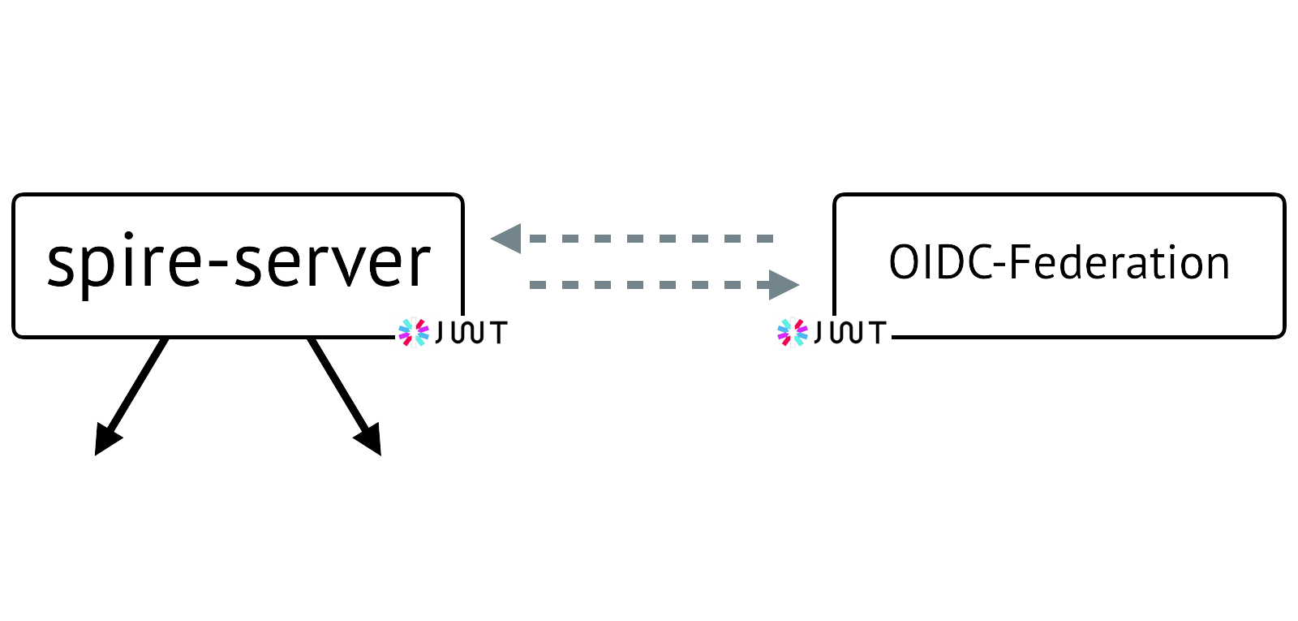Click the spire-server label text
click(239, 263)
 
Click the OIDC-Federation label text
click(1059, 263)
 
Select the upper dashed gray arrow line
click(649, 239)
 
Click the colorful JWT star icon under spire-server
click(413, 332)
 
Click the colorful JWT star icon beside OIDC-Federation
click(793, 332)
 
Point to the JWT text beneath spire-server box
click(471, 332)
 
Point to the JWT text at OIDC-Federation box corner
click(849, 332)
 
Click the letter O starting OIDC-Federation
click(903, 263)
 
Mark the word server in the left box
click(333, 265)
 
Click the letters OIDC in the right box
click(942, 263)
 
